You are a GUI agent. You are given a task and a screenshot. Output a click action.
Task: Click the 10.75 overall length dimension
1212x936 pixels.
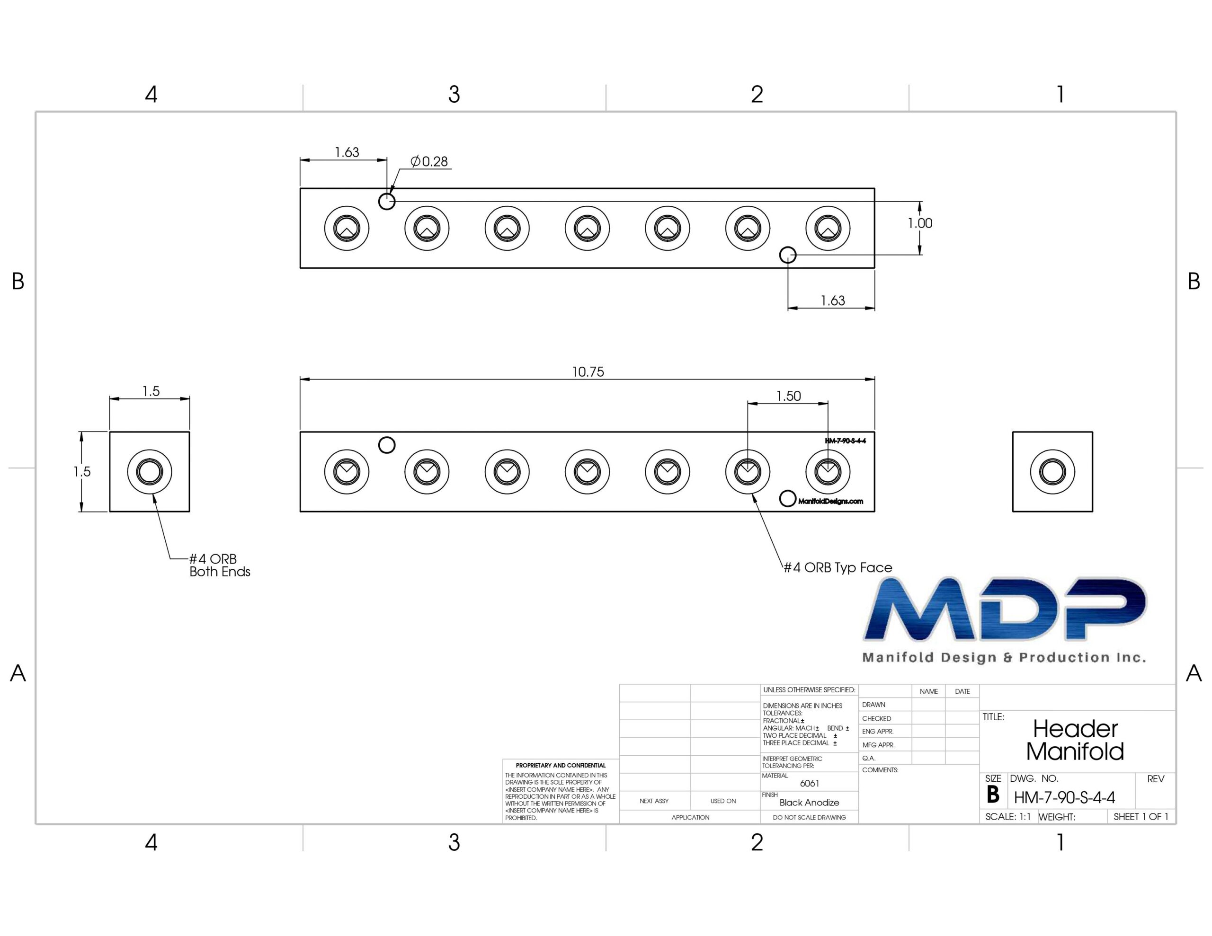[x=588, y=372]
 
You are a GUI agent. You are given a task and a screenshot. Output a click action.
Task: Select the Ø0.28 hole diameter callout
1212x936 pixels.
[x=429, y=161]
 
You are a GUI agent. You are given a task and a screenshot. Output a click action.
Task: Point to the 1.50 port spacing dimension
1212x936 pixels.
[x=788, y=396]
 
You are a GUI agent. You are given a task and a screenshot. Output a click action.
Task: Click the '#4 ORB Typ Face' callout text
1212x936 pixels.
[x=838, y=567]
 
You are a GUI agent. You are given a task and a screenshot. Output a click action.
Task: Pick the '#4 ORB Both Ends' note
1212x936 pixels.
[x=220, y=565]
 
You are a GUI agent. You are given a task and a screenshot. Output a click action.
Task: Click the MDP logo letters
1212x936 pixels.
[x=1005, y=609]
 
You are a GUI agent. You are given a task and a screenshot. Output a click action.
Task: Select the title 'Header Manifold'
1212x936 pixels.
[x=1075, y=740]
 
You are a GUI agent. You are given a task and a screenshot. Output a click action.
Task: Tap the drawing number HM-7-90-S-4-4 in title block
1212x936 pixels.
[x=1064, y=798]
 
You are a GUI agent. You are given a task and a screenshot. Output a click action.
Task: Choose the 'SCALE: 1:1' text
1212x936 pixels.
[x=1008, y=817]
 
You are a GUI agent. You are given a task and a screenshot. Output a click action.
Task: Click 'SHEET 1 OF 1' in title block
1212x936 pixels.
[x=1141, y=817]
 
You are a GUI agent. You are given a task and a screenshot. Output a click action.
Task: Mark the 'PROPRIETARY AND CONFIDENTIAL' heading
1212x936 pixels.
[x=561, y=765]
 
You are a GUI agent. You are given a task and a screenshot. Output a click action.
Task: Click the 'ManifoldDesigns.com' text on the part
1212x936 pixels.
[x=830, y=502]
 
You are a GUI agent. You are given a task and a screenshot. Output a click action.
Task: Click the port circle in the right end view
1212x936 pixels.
[x=1052, y=472]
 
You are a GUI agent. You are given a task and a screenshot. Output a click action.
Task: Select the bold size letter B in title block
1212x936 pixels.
[x=993, y=795]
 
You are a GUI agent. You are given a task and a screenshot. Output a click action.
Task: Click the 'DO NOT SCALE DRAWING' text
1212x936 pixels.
[x=809, y=817]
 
